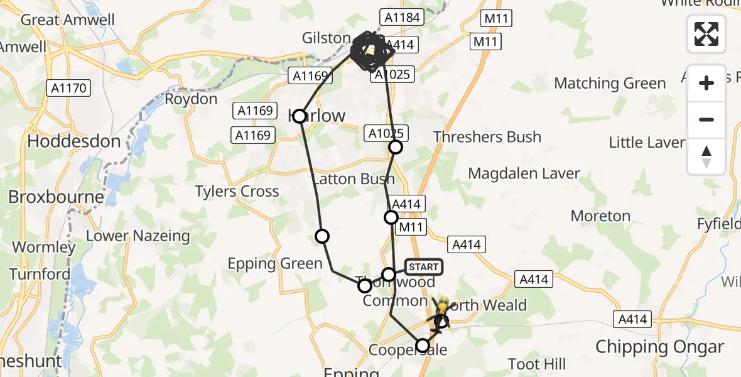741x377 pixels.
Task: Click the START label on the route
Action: (x=424, y=267)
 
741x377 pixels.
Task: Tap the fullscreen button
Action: (x=706, y=34)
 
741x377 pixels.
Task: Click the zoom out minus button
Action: (x=706, y=119)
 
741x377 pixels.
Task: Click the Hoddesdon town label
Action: (x=73, y=141)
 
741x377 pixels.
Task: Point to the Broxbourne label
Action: (x=56, y=197)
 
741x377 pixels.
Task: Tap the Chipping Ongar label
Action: (x=659, y=347)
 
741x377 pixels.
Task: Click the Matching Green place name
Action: (x=610, y=84)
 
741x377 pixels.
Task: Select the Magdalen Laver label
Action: (x=524, y=173)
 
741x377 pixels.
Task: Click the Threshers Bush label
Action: (x=487, y=137)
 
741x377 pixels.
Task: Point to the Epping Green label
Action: (x=275, y=264)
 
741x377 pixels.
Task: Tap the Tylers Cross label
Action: (x=237, y=192)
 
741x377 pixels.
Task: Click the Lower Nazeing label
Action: (x=138, y=236)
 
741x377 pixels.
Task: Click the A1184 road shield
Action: (x=402, y=18)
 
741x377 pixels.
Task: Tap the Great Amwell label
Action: (x=68, y=20)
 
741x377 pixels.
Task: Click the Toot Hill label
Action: (x=537, y=364)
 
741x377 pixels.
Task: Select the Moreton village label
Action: (x=600, y=216)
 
